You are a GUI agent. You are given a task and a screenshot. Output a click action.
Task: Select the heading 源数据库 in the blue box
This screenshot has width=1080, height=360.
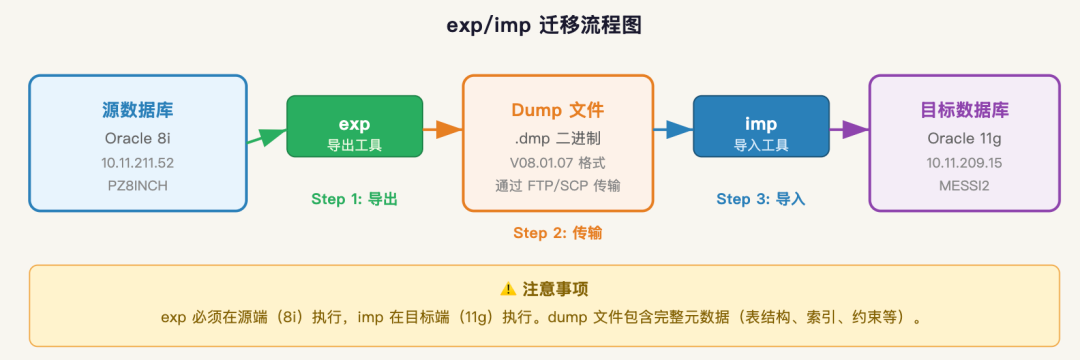point(138,109)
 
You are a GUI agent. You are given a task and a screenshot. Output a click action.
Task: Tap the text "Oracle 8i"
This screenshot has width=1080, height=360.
point(138,138)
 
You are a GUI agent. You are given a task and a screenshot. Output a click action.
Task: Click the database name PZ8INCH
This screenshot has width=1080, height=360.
point(138,185)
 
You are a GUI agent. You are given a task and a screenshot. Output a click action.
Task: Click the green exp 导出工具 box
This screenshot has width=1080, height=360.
point(355,126)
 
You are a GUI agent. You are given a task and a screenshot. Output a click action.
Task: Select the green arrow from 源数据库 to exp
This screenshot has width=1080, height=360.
point(267,136)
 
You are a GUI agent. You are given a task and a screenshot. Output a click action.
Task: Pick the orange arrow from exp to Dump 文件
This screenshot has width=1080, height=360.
point(443,129)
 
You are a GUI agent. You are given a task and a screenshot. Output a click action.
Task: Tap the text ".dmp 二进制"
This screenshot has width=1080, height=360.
point(558,138)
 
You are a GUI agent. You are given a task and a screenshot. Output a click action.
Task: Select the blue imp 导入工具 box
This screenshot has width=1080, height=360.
point(761,126)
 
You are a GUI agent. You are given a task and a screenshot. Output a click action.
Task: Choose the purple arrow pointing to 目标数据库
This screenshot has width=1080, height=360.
point(849,129)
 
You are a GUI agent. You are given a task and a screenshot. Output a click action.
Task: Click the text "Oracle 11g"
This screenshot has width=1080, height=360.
point(964,138)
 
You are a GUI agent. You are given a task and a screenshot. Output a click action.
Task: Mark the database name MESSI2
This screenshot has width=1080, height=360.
point(964,185)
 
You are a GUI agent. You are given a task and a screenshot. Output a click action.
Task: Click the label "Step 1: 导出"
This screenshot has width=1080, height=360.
point(355,200)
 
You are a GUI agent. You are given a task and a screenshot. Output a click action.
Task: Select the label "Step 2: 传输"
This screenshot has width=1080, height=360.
point(558,233)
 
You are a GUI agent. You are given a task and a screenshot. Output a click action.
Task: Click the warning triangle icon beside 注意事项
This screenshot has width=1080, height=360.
point(508,289)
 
